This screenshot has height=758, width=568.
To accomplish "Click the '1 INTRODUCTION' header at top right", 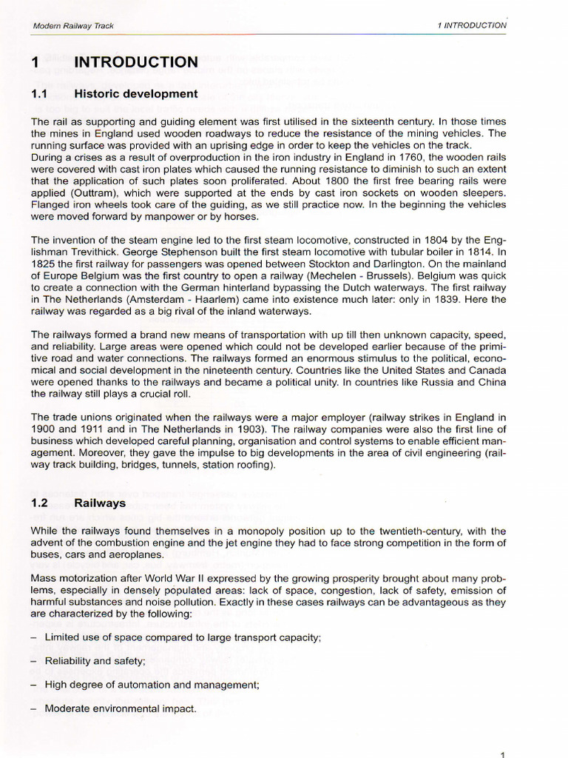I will pos(472,25).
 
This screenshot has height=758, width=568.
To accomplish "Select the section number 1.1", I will pos(39,94).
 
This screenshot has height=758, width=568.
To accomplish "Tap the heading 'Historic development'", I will pos(136,94).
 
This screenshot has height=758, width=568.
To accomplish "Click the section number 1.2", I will pos(40,503).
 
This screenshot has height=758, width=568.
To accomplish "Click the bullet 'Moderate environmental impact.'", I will pos(121,708).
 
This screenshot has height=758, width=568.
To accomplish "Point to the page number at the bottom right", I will pos(502,754).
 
